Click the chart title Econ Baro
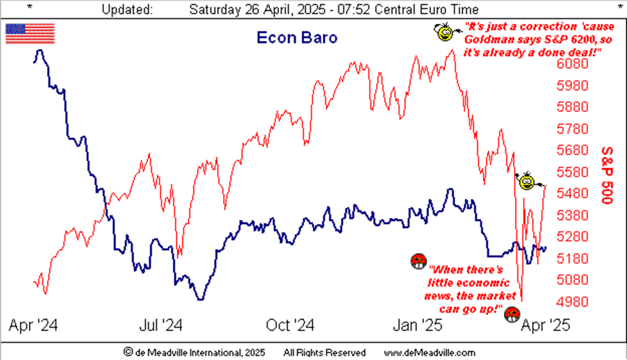[297, 37]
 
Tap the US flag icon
[30, 33]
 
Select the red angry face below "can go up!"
[512, 314]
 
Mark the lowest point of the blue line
[201, 299]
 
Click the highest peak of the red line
[453, 50]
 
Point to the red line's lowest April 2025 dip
[521, 300]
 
